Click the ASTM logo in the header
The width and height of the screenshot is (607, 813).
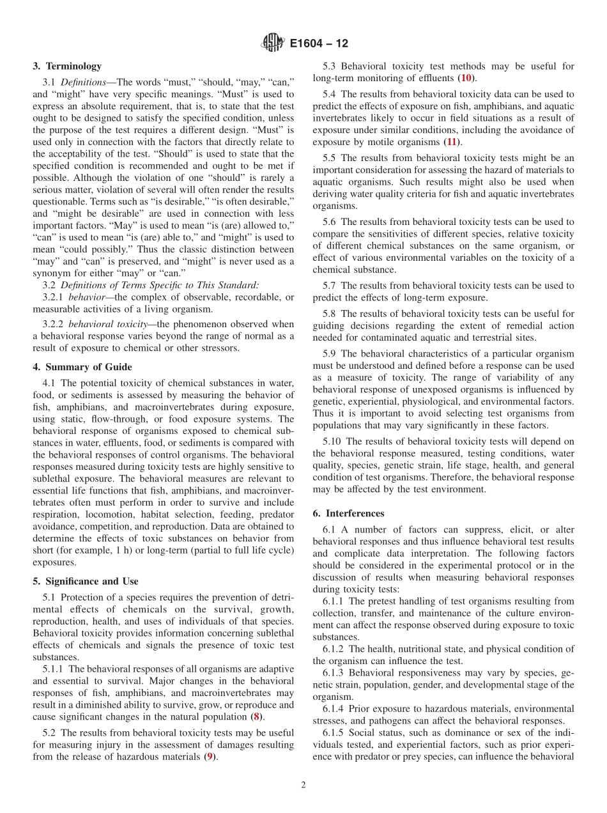(x=273, y=43)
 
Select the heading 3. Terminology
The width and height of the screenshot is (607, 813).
(x=67, y=66)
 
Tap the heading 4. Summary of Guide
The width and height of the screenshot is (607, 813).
(x=82, y=367)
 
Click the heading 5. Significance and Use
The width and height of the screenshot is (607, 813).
(x=86, y=581)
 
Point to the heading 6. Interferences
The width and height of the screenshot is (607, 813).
(x=348, y=513)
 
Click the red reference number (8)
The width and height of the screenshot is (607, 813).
(x=256, y=716)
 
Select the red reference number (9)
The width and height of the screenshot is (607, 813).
(x=208, y=757)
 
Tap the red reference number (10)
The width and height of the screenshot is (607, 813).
(x=466, y=78)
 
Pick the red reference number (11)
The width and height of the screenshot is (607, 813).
(x=452, y=141)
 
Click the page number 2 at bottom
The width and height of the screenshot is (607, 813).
(x=303, y=785)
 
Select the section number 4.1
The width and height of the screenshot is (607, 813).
(x=49, y=383)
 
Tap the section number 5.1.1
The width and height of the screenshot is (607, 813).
(x=54, y=669)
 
